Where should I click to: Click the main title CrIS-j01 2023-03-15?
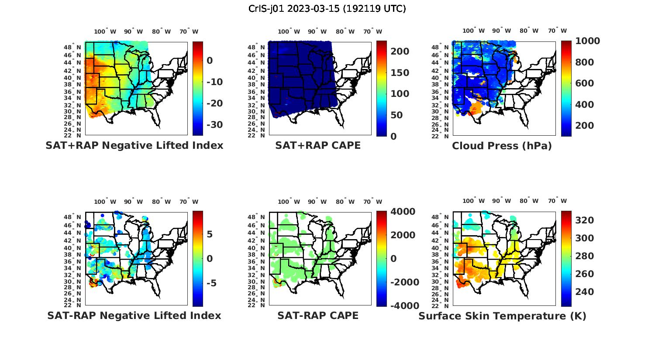[327, 8]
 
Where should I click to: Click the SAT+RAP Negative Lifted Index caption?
[134, 145]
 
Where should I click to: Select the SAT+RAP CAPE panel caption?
[318, 145]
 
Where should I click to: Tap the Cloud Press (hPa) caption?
[502, 146]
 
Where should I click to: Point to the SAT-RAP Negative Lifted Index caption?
[134, 315]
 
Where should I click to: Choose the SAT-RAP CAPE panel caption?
[318, 315]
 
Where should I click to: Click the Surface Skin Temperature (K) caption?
[502, 316]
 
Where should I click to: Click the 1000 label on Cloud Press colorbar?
[587, 41]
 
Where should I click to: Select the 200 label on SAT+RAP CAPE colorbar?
[400, 51]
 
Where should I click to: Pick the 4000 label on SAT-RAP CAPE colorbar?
[403, 211]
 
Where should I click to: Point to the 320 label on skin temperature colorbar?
[584, 220]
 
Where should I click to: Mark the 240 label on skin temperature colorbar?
[584, 291]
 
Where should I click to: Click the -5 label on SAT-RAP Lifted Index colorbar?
[211, 283]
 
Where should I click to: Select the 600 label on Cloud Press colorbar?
[584, 83]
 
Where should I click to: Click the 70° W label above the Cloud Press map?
[557, 31]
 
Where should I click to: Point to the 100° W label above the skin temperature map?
[474, 201]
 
